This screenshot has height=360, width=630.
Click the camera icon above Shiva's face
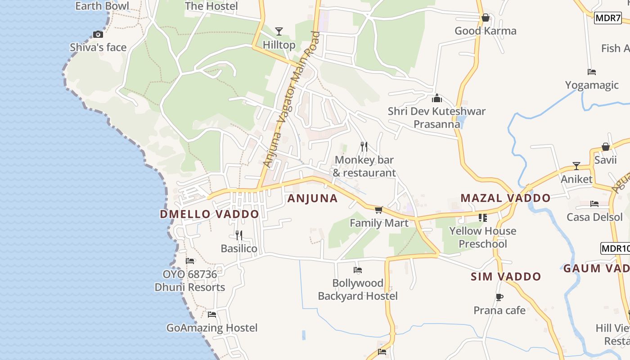click(98, 34)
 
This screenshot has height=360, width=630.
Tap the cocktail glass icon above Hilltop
click(279, 31)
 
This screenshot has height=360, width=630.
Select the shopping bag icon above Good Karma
click(485, 18)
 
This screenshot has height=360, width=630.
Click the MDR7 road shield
click(607, 18)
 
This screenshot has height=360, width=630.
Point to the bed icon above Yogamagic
click(592, 72)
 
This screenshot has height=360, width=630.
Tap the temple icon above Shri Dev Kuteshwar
click(436, 98)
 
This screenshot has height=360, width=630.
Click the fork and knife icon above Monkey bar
click(364, 147)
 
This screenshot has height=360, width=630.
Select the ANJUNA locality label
click(312, 198)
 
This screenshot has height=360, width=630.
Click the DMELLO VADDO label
click(209, 214)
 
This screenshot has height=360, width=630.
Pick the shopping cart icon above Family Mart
click(378, 210)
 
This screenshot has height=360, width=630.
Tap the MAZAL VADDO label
click(505, 198)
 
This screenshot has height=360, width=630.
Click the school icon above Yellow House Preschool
click(483, 218)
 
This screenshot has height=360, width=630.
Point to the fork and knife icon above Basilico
click(239, 235)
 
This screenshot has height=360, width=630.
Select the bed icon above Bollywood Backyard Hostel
click(358, 270)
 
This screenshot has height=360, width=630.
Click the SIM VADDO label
click(506, 276)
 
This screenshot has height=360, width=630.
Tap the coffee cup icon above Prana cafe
click(499, 297)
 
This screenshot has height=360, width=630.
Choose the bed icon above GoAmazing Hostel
click(211, 315)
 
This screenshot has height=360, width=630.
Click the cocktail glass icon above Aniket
click(576, 166)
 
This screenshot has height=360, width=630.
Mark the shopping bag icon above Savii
click(605, 147)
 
